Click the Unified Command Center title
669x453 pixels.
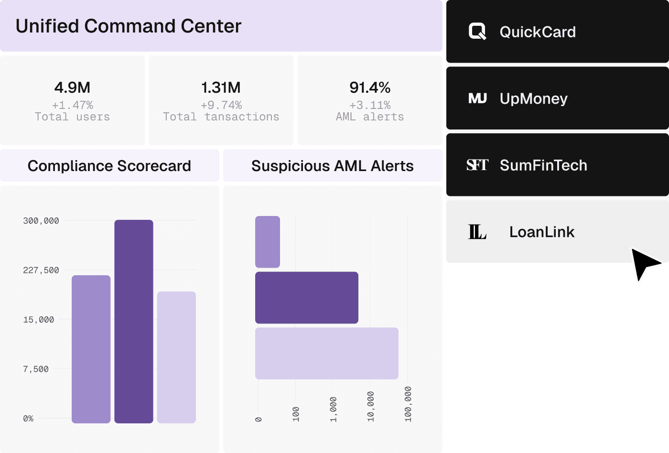129,26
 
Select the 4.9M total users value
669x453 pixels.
72,87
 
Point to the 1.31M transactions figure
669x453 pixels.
221,87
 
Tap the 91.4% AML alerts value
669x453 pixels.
370,87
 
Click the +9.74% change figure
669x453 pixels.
221,105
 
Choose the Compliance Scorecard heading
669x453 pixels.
109,166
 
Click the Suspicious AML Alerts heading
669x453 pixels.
333,166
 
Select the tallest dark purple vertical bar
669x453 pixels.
134,321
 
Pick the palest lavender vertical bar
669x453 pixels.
176,357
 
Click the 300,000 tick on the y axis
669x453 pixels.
41,221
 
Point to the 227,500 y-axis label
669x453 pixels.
41,270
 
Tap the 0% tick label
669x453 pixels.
28,419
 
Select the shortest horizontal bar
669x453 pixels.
268,242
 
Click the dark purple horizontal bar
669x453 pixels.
307,297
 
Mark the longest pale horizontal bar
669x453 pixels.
327,353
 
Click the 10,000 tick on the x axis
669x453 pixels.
371,407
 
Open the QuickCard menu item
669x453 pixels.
558,32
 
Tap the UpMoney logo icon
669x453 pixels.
477,98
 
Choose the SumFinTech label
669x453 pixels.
544,165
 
